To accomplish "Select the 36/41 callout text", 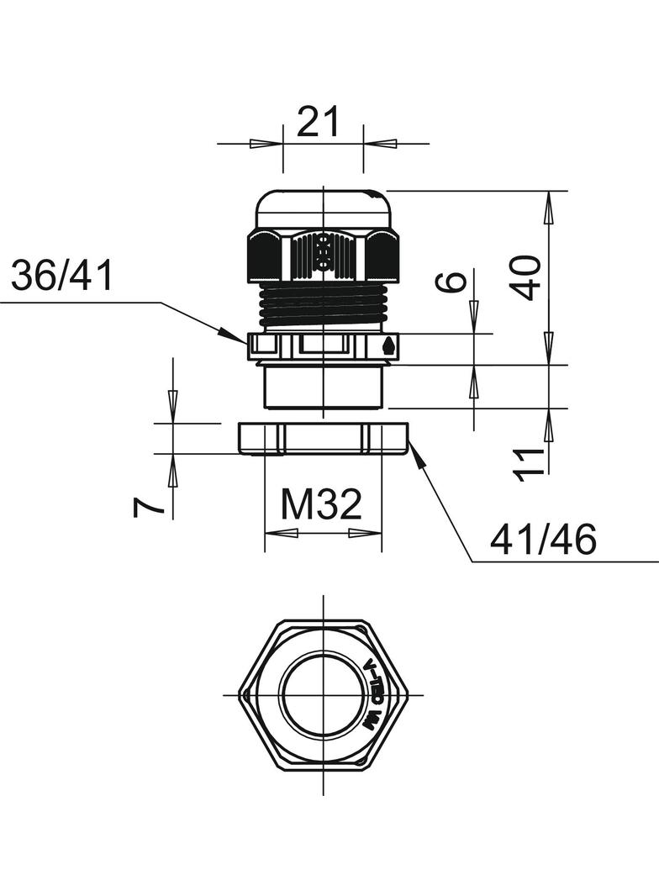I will click(62, 276).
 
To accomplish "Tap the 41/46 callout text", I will click(543, 540).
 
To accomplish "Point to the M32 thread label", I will click(321, 505).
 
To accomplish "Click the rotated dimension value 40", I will click(528, 278).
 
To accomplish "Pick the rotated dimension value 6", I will click(452, 282).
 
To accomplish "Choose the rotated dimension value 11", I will click(529, 464).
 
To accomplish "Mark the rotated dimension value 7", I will click(148, 506).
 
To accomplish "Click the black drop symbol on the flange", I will click(387, 345).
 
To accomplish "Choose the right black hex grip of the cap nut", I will click(382, 257).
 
